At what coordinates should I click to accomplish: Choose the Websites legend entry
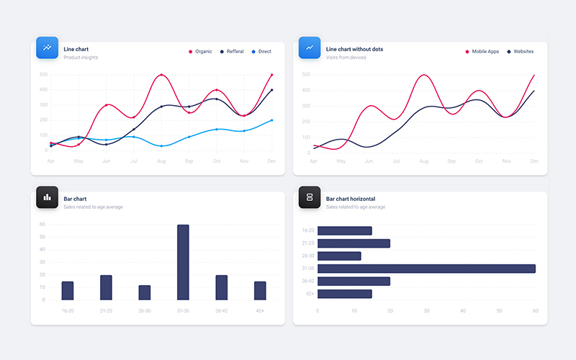[x=522, y=52]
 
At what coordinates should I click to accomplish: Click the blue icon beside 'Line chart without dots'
[x=310, y=48]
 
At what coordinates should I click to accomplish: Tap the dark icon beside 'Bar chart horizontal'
[x=310, y=197]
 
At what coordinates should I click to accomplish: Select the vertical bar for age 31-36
[x=183, y=262]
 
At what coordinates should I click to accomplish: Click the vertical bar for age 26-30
[x=145, y=292]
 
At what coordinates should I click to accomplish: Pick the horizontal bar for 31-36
[x=426, y=269]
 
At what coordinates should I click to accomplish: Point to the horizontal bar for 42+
[x=344, y=294]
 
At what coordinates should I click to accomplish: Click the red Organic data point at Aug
[x=161, y=75]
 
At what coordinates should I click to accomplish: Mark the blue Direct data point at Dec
[x=271, y=120]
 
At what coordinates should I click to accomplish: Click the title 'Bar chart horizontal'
[x=350, y=199]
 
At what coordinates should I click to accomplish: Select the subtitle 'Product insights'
[x=81, y=58]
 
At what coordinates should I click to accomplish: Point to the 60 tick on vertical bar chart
[x=42, y=225]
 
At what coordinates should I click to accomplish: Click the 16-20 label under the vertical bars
[x=68, y=311]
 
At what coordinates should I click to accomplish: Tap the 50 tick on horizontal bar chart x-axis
[x=499, y=311]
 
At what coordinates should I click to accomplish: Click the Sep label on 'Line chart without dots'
[x=451, y=161]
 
